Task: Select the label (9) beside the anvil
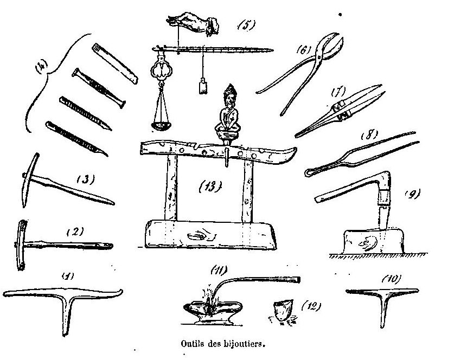tap(414, 194)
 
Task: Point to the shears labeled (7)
tap(331, 111)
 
